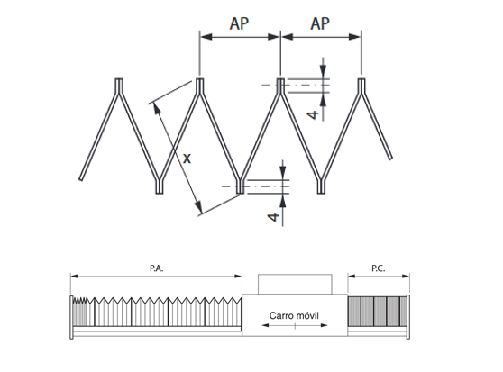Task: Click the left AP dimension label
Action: (x=239, y=23)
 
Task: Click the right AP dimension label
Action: (x=320, y=23)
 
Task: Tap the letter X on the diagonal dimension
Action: (x=187, y=159)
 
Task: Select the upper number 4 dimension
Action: (x=313, y=114)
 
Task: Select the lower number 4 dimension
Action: (x=273, y=217)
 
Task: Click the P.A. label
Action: (x=157, y=268)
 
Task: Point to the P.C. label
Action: (x=379, y=268)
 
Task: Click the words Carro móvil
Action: (x=294, y=315)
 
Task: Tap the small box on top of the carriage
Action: (x=295, y=284)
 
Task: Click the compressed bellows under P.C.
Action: (x=377, y=312)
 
